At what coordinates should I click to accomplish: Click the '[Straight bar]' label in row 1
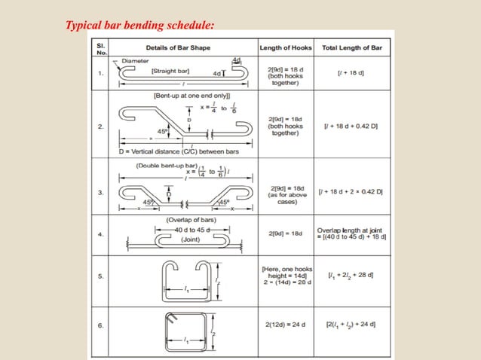pyautogui.click(x=170, y=71)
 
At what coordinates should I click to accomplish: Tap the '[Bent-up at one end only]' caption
pyautogui.click(x=185, y=96)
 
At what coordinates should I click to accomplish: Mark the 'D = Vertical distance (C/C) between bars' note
pyautogui.click(x=166, y=151)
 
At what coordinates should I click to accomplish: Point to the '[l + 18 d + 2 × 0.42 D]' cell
pyautogui.click(x=351, y=193)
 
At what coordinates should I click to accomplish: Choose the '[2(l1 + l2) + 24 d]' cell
pyautogui.click(x=351, y=325)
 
